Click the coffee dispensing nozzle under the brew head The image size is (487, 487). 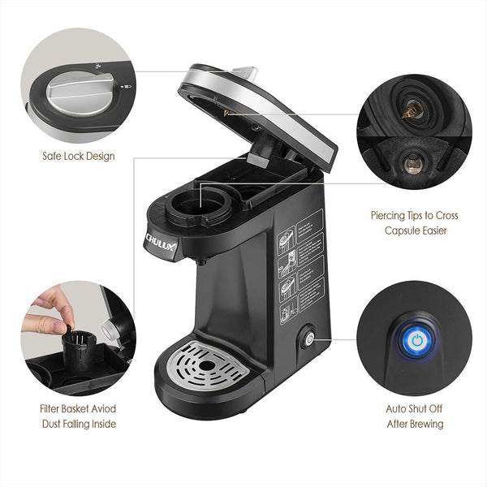coord(200,260)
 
